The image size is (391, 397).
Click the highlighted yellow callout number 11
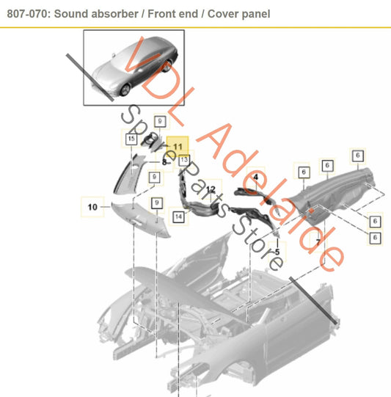pos(178,146)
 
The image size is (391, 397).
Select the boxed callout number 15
pos(131,138)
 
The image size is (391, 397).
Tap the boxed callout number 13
pos(183,159)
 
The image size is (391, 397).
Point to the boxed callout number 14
pos(178,216)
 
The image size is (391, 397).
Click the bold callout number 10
pos(92,208)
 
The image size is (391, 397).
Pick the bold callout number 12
pos(210,189)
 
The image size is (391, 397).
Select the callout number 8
pos(165,161)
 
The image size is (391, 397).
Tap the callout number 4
pos(256,177)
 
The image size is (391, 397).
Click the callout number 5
pos(277,252)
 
